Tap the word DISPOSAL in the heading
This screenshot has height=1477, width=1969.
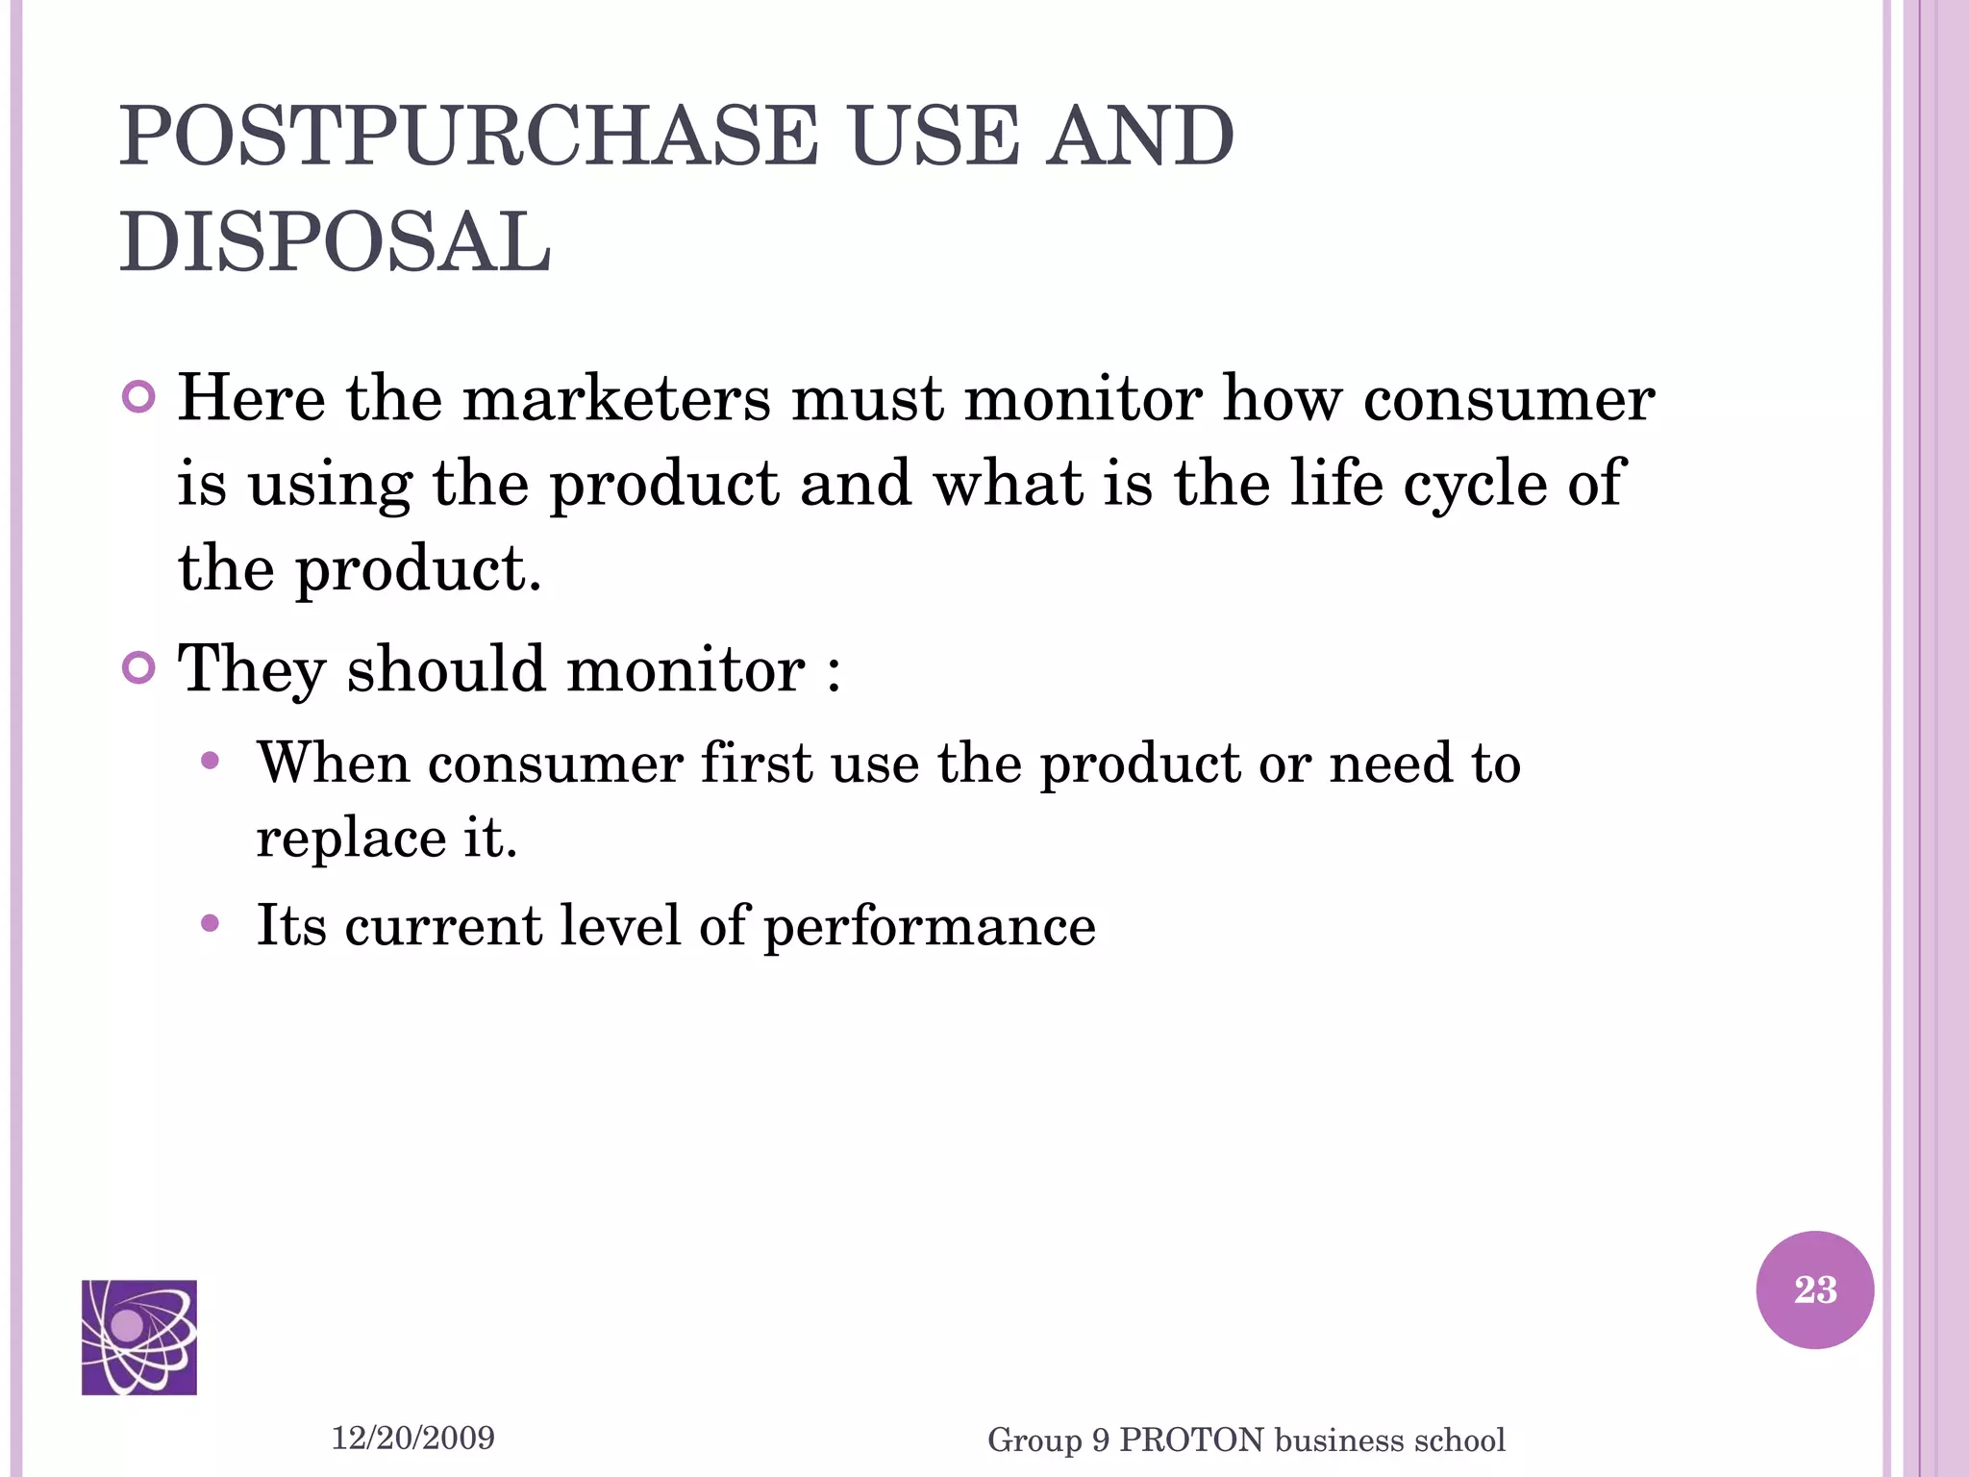click(x=336, y=242)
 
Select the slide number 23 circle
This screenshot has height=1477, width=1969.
click(x=1814, y=1289)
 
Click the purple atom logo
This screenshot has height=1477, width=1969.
click(x=139, y=1337)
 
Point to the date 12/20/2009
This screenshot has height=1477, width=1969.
click(x=412, y=1438)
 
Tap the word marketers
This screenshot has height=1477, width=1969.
click(x=616, y=398)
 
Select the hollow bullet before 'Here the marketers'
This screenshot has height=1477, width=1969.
click(x=139, y=397)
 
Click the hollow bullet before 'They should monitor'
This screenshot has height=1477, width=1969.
click(x=139, y=667)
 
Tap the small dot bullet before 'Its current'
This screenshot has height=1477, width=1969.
click(x=211, y=924)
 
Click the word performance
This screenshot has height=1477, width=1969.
click(x=930, y=926)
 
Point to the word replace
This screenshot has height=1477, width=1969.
click(x=351, y=839)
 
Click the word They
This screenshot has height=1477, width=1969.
click(x=252, y=668)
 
